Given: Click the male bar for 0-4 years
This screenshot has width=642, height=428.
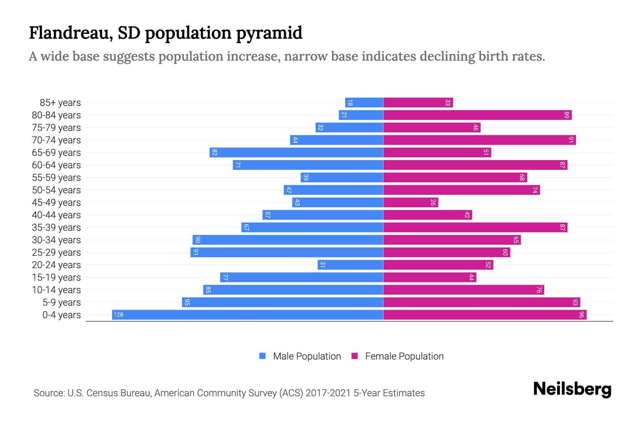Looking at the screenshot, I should pyautogui.click(x=248, y=315).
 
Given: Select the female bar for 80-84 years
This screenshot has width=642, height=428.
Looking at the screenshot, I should pyautogui.click(x=477, y=115).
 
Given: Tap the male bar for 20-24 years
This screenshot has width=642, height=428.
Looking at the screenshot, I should pyautogui.click(x=350, y=265).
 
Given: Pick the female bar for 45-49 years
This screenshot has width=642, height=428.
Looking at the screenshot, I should pyautogui.click(x=411, y=202).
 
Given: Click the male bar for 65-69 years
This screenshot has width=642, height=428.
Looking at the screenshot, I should pyautogui.click(x=296, y=152).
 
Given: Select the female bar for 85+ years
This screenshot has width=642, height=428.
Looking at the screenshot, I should pyautogui.click(x=418, y=102).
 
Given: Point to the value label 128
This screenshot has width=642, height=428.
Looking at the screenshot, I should pyautogui.click(x=118, y=315).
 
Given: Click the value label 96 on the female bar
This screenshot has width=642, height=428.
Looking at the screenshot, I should pyautogui.click(x=582, y=315).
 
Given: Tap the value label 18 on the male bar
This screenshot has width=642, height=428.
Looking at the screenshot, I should pyautogui.click(x=350, y=103).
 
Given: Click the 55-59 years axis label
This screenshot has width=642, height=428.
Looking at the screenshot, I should pyautogui.click(x=56, y=178).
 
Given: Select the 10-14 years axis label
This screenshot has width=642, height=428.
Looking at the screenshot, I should pyautogui.click(x=56, y=290).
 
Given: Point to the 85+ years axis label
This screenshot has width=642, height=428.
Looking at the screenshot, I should pyautogui.click(x=60, y=103).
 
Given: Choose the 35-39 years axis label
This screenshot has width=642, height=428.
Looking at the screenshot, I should pyautogui.click(x=56, y=228).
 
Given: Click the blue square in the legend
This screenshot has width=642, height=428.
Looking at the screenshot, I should pyautogui.click(x=263, y=356).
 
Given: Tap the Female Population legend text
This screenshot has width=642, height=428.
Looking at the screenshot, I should pyautogui.click(x=404, y=356).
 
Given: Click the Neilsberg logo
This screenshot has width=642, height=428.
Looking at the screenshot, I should pyautogui.click(x=572, y=389).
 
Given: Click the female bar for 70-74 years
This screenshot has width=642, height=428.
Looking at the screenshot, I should pyautogui.click(x=479, y=140).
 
